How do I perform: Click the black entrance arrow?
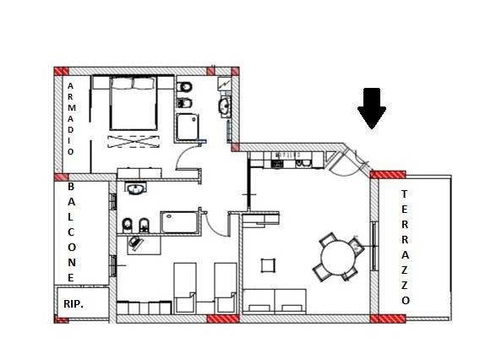click(372, 108)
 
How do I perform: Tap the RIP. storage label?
click(74, 304)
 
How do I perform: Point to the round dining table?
click(338, 257)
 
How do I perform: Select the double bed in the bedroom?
click(134, 103)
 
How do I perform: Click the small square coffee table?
click(268, 265)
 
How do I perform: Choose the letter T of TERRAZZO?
click(405, 194)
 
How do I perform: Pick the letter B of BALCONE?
click(71, 186)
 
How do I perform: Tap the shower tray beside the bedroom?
click(187, 127)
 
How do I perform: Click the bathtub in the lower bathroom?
click(179, 222)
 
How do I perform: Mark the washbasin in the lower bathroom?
click(135, 188)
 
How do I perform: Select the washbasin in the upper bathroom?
click(225, 106)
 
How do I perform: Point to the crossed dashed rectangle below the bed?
click(134, 141)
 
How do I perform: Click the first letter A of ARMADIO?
click(70, 86)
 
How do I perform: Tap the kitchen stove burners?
click(277, 164)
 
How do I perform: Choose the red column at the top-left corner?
click(61, 71)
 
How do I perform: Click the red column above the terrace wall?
click(388, 175)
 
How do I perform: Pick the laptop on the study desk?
click(136, 243)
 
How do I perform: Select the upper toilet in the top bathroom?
click(184, 87)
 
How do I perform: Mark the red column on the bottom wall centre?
click(223, 319)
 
